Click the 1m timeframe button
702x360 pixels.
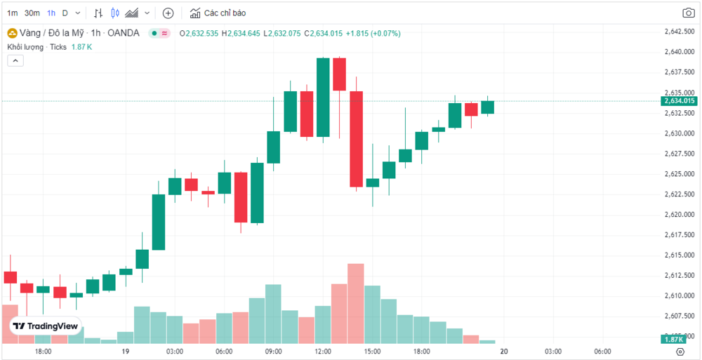point(13,13)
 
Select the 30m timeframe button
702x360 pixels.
point(32,13)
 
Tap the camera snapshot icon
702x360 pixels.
point(689,13)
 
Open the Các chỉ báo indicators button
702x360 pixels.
point(217,13)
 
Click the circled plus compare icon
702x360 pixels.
point(168,13)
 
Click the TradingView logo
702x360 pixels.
point(46,326)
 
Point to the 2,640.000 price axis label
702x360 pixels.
point(678,52)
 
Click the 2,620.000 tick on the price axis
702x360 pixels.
point(678,214)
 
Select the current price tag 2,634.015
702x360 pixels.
point(679,101)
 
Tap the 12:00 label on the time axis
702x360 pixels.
point(323,351)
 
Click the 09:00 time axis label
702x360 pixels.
point(273,351)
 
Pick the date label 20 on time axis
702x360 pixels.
point(504,351)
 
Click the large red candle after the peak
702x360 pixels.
point(356,138)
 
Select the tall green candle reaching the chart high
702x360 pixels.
point(323,97)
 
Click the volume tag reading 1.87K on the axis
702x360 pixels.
point(679,340)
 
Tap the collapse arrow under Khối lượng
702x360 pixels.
point(15,61)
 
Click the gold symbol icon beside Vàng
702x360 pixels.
point(12,33)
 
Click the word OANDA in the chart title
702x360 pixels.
point(126,33)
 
